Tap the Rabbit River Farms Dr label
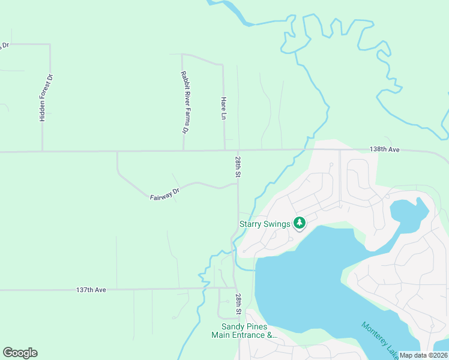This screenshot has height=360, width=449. click(185, 102)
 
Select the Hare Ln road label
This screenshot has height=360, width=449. click(224, 108)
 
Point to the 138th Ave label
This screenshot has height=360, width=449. click(385, 149)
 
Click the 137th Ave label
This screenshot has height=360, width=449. click(91, 290)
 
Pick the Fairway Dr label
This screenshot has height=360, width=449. click(165, 193)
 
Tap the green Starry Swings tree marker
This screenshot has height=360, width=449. click(300, 224)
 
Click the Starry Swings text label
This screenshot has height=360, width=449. click(265, 224)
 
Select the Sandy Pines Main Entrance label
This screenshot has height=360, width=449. click(247, 331)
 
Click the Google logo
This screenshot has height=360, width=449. click(20, 353)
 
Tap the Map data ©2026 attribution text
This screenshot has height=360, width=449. click(424, 355)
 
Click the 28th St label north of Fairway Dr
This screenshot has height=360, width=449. click(238, 167)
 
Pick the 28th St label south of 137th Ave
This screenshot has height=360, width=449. click(238, 304)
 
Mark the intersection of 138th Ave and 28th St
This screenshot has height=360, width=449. click(238, 150)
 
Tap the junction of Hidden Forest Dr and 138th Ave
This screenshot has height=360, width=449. click(42, 151)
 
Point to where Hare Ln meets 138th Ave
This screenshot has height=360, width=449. click(224, 150)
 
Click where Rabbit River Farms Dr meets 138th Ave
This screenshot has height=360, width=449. click(183, 151)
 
